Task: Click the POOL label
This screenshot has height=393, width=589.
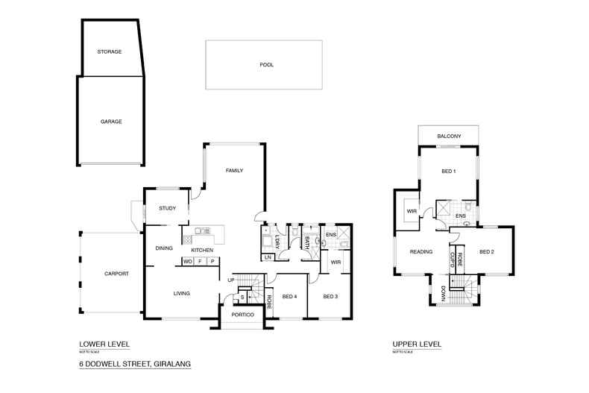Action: [266, 65]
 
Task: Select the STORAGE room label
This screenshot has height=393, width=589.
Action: [110, 51]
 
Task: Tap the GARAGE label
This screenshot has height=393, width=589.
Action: [111, 121]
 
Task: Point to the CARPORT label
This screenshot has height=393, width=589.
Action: [116, 274]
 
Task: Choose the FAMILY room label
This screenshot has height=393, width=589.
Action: [235, 171]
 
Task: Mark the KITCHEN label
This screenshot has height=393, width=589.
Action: [202, 250]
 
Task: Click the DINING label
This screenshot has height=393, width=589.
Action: [164, 248]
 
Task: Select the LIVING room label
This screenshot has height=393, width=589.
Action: [181, 293]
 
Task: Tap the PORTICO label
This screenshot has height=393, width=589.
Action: [243, 315]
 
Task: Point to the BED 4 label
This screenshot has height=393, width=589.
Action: [289, 297]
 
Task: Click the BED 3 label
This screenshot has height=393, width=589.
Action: [330, 297]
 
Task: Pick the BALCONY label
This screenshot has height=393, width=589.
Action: [449, 136]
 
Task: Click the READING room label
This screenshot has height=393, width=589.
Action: [421, 252]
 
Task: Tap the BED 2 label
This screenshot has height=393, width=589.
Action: [487, 252]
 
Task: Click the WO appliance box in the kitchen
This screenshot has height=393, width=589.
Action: [188, 262]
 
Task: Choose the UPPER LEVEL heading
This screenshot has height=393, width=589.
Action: [417, 345]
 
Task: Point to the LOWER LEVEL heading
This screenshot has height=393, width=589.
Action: [104, 345]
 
